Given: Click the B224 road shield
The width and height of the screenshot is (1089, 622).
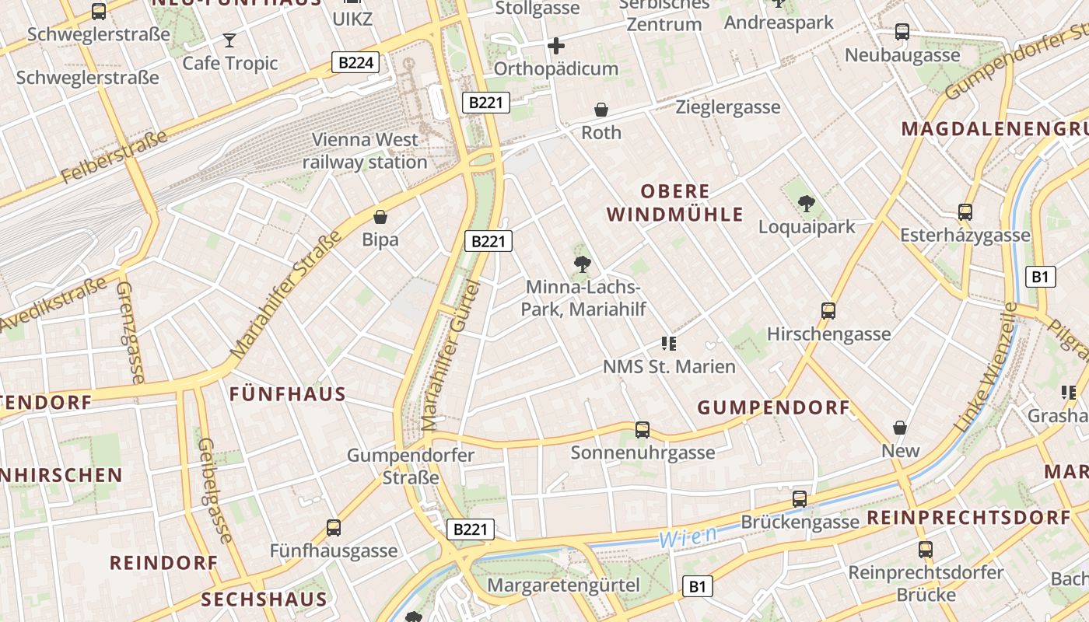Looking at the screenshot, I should point(355,63).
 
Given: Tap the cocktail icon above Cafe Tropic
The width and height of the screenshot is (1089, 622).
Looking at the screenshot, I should point(229,40).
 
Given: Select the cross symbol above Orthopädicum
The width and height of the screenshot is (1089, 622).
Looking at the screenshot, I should point(556,46).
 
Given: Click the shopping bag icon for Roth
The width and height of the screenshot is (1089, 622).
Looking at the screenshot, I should point(601,110).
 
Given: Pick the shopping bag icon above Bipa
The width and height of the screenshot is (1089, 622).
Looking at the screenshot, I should point(380,217).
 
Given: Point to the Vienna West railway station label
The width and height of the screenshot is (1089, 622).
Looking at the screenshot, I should point(365,151).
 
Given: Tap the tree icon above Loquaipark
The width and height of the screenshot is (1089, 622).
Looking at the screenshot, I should point(807,204).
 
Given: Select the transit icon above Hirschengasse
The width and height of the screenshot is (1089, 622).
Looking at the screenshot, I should point(828,311).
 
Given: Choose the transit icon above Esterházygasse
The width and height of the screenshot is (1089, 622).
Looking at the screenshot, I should point(965,211).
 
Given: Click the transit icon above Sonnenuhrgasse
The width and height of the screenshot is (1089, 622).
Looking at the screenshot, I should point(643,429).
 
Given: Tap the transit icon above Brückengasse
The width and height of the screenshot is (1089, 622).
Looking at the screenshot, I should point(800,498).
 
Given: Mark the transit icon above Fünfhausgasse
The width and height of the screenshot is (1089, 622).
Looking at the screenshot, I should point(334,527).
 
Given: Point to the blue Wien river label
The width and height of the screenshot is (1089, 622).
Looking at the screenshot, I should point(679,537).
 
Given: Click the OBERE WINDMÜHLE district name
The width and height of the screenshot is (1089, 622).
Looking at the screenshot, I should point(675,203).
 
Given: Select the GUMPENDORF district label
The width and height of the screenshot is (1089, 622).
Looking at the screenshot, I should point(773,407).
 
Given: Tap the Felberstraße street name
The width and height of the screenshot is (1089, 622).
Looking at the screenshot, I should point(114,157).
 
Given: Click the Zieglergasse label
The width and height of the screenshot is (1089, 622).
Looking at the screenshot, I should point(728,107).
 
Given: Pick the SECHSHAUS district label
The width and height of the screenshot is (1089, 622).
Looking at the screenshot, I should point(264,599).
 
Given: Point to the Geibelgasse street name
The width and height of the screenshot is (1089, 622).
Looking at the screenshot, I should point(215,490).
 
